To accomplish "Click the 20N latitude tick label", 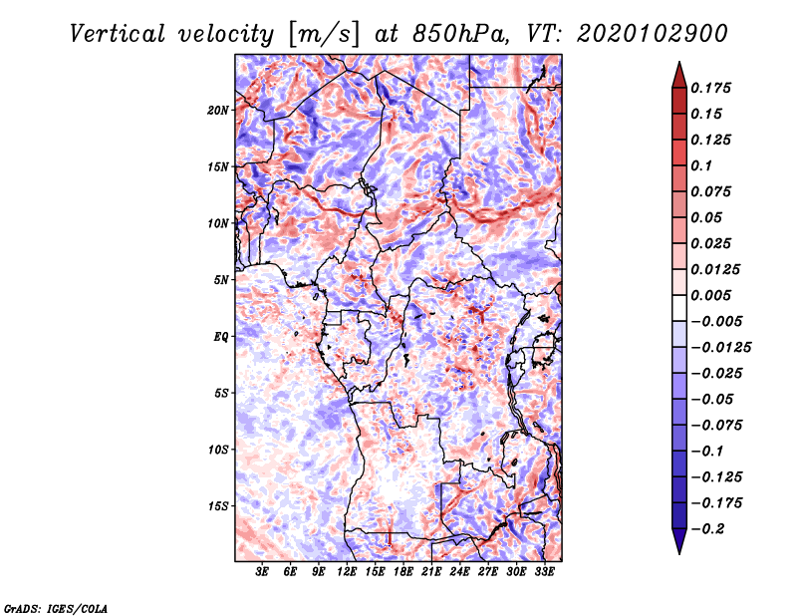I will tap(219, 110).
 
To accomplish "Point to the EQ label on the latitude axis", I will tap(221, 336).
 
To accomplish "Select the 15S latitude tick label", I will tap(219, 505).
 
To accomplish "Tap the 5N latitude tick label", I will tap(221, 279).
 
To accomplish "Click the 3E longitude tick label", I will tap(263, 573).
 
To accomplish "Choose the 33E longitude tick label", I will tap(545, 573).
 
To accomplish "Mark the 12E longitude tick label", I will tap(348, 573).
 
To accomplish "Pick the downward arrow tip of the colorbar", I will tap(677, 551).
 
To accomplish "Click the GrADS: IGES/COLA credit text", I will tap(56, 607).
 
